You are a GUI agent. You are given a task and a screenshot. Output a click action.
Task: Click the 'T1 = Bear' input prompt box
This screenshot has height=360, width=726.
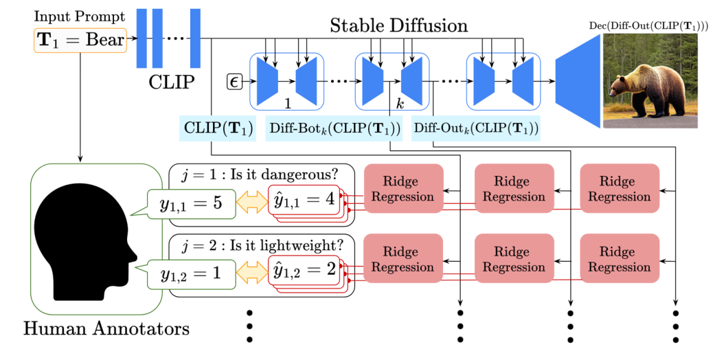80,40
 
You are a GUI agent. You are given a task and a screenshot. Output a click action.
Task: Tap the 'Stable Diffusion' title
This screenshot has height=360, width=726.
398,26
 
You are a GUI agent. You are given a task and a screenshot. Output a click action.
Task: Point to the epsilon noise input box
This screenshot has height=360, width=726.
235,82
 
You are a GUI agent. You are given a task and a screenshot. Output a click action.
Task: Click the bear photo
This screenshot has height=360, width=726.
650,81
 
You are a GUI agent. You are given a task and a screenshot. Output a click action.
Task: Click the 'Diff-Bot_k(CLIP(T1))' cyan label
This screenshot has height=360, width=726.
333,128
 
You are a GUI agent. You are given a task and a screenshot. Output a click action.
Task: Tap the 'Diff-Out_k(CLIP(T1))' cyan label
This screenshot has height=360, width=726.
475,128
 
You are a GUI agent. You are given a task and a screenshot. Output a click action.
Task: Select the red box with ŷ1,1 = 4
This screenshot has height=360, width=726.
302,201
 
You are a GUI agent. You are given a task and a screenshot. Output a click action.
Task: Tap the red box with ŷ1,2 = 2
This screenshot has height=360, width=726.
302,270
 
